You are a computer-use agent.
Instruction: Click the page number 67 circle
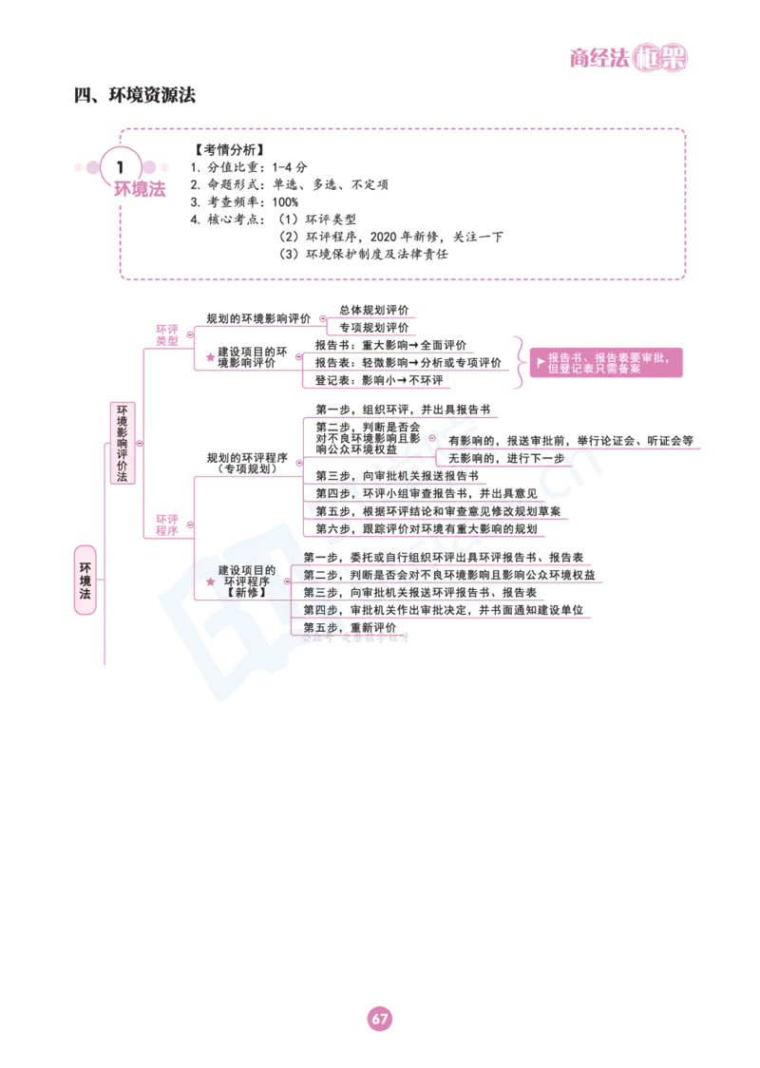(380, 1019)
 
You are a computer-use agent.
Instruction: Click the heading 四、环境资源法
(135, 95)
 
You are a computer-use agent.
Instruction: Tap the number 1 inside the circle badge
(121, 167)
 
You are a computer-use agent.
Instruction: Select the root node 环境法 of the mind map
(85, 581)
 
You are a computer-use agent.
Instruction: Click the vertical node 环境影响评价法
(123, 443)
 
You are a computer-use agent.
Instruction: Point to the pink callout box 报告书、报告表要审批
(606, 363)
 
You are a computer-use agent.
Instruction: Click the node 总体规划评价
(374, 310)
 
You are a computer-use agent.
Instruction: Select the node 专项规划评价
(374, 328)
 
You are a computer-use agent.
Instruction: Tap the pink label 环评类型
(167, 335)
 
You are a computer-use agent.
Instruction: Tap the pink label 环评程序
(167, 525)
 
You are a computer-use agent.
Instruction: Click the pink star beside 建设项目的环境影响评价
(211, 357)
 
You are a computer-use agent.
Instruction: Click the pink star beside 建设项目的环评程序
(211, 581)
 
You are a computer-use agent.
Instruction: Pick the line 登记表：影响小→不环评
(379, 380)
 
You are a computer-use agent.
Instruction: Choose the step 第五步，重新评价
(350, 627)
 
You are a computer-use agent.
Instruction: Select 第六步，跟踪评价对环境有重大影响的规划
(427, 528)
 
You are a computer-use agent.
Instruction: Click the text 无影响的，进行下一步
(506, 458)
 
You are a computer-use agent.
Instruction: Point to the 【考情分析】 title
(229, 150)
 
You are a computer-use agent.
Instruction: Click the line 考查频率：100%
(244, 202)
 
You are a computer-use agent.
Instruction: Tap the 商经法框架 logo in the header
(629, 58)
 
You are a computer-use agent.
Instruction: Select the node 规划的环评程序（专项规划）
(247, 463)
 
